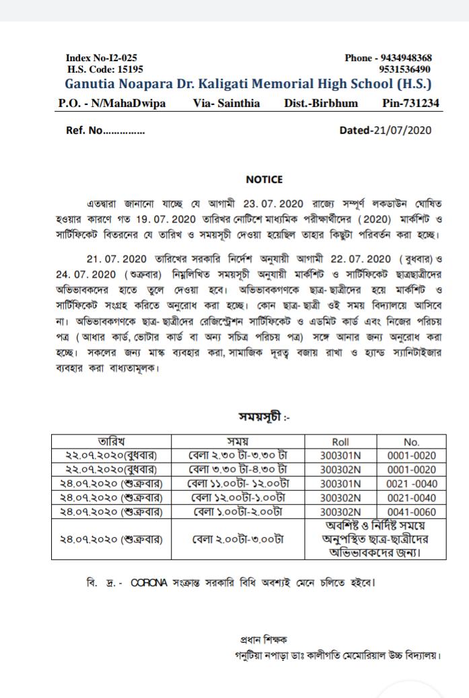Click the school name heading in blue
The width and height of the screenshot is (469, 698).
point(248,85)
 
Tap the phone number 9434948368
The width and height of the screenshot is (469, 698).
point(406,59)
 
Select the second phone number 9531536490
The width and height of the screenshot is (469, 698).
point(405,69)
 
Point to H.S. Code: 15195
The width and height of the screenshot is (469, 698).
point(105,69)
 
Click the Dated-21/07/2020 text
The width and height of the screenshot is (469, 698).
point(386,130)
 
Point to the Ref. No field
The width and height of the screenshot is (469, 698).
point(105,130)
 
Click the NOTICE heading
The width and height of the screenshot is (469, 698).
point(264,180)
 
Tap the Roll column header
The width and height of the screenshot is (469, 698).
point(340,442)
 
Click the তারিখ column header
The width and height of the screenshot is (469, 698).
point(112,442)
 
